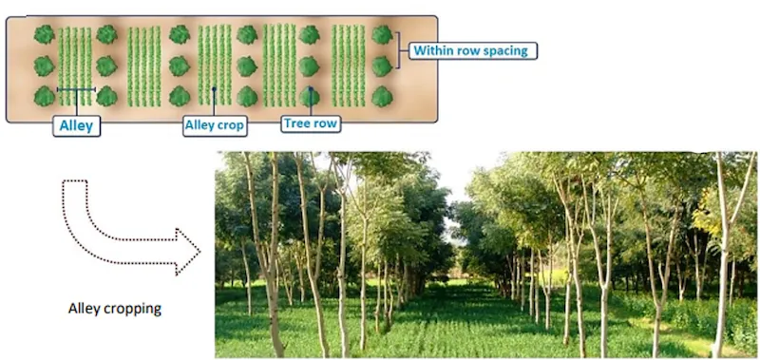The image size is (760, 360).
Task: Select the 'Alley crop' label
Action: pyautogui.click(x=215, y=124)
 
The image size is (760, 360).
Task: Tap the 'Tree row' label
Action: pyautogui.click(x=310, y=123)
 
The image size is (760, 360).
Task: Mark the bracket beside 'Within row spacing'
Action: pyautogui.click(x=403, y=50)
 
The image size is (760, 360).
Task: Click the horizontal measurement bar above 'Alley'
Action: pyautogui.click(x=76, y=90)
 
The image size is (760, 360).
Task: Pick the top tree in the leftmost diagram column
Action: pyautogui.click(x=44, y=34)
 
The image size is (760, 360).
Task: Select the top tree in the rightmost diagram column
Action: pyautogui.click(x=382, y=34)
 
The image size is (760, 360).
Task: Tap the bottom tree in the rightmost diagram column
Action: pyautogui.click(x=382, y=96)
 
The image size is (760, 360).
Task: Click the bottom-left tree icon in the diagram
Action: pyautogui.click(x=44, y=96)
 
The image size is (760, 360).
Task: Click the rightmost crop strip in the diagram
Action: pyautogui.click(x=348, y=65)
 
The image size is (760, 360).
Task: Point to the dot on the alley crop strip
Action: pyautogui.click(x=215, y=91)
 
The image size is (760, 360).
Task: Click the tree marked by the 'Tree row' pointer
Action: pyautogui.click(x=310, y=96)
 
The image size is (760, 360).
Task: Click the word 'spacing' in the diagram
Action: pyautogui.click(x=507, y=50)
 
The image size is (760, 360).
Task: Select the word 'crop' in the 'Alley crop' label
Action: pyautogui.click(x=230, y=124)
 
